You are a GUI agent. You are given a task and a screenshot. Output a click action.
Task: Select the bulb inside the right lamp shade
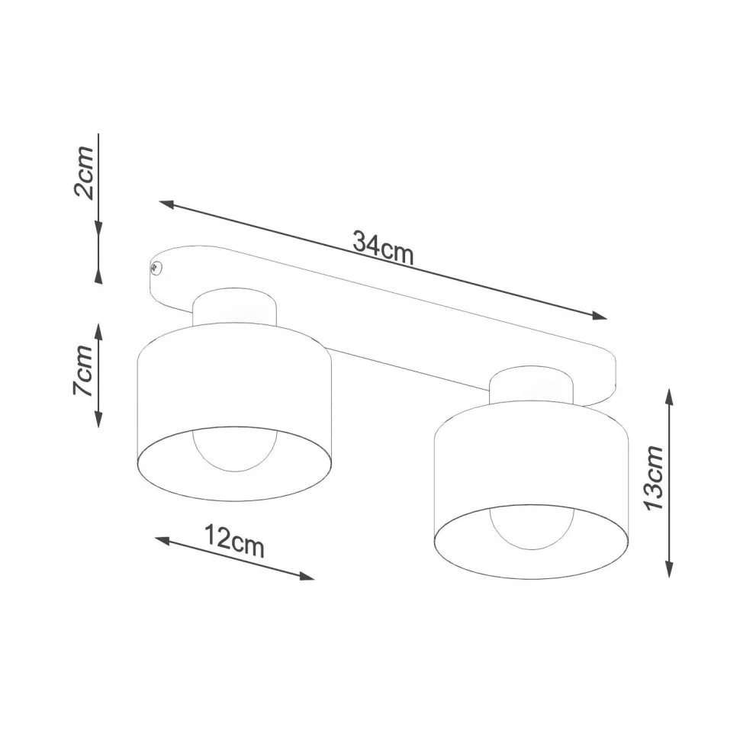(531, 526)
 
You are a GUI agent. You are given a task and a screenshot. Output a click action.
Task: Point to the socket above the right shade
(531, 384)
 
